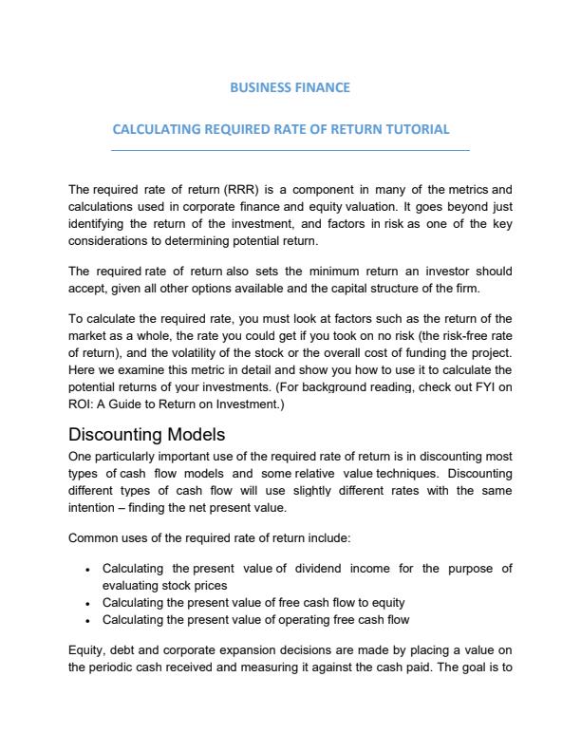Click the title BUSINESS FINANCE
(290, 87)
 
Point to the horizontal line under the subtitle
(290, 150)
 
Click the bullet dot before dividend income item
(87, 570)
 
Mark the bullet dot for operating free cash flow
(87, 620)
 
